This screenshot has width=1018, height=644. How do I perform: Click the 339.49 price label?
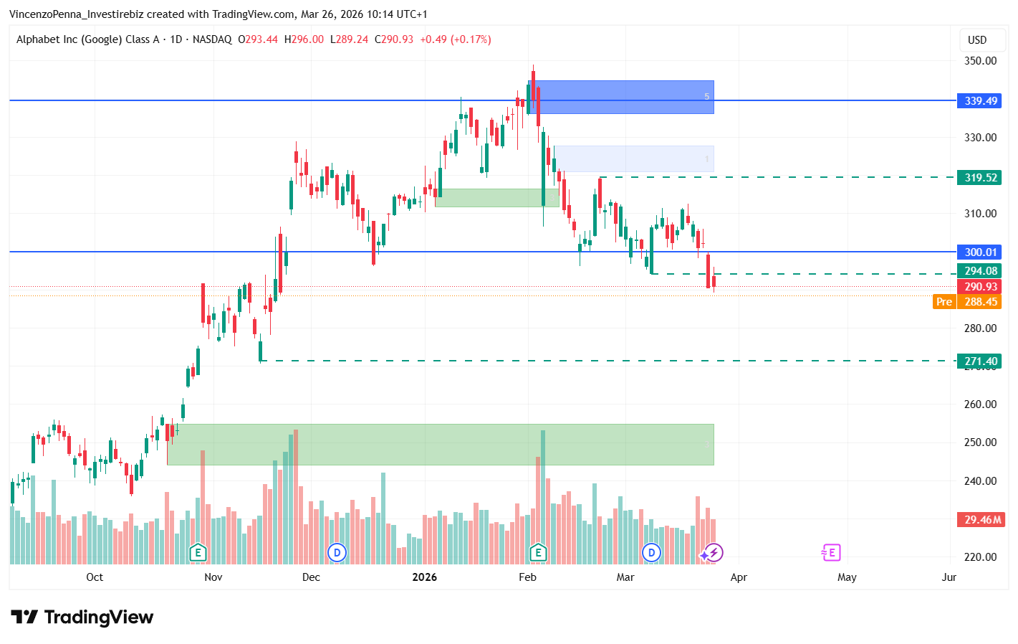[x=979, y=101]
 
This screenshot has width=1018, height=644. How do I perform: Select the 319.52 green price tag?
[x=979, y=178]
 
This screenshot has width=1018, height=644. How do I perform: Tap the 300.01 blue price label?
[x=979, y=252]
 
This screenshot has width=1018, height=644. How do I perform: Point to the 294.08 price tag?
[x=979, y=271]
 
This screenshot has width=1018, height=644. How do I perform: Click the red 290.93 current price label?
[x=979, y=287]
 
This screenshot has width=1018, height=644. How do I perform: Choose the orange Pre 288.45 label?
[x=967, y=302]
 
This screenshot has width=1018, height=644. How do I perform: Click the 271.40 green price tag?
[x=979, y=361]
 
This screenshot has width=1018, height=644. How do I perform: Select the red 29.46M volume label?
[x=981, y=520]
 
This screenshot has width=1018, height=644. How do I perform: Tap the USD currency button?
[x=977, y=40]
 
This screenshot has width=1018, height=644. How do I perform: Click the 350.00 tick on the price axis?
[x=980, y=61]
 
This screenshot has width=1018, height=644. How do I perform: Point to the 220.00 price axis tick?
[x=980, y=557]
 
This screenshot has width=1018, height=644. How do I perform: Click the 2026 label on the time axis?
[x=424, y=577]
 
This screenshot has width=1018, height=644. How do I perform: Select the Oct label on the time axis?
[x=95, y=577]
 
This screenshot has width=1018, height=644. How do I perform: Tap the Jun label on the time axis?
[x=949, y=577]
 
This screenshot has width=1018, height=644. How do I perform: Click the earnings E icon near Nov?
[x=198, y=553]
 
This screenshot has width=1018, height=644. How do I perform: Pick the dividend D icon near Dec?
[x=337, y=553]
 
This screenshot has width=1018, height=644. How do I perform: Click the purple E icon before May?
[x=830, y=553]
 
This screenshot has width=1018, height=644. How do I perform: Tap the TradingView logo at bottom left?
[x=82, y=617]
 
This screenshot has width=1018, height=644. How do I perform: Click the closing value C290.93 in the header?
[x=394, y=39]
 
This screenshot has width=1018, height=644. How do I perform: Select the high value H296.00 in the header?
[x=304, y=39]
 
